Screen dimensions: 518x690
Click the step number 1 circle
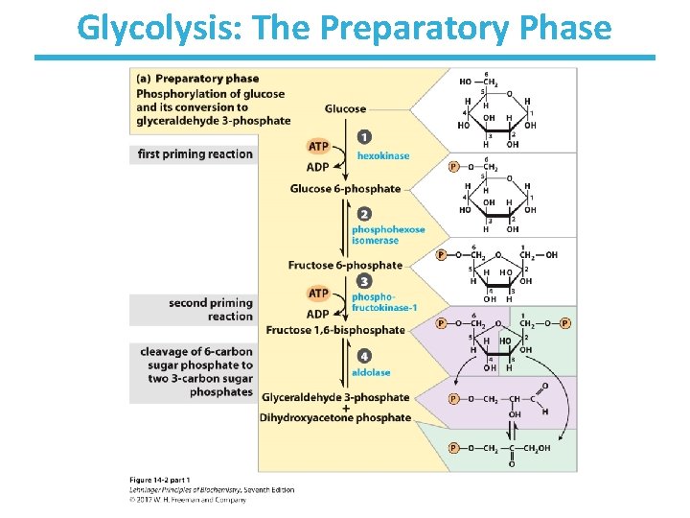click(x=364, y=136)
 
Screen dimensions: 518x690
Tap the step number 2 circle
click(x=364, y=214)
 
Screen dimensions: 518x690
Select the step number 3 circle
click(x=364, y=281)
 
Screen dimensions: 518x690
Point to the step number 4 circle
click(x=364, y=356)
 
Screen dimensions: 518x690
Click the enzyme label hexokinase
click(x=383, y=155)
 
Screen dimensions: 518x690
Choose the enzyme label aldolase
click(x=372, y=372)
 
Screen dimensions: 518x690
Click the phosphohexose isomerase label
click(x=388, y=235)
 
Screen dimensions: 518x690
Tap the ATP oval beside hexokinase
click(x=319, y=147)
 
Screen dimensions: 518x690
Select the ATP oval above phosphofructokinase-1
click(x=319, y=294)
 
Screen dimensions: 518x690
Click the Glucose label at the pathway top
click(x=346, y=109)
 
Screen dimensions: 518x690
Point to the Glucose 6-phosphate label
click(x=345, y=189)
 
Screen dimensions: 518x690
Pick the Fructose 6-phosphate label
click(x=345, y=265)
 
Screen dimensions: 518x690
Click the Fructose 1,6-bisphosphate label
click(x=335, y=330)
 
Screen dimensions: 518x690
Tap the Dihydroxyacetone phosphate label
click(x=335, y=417)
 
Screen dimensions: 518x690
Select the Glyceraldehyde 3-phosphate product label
click(x=335, y=397)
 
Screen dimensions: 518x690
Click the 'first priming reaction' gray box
click(x=195, y=154)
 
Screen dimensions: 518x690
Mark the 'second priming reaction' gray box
click(x=195, y=310)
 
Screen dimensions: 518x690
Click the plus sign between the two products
click(x=345, y=408)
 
